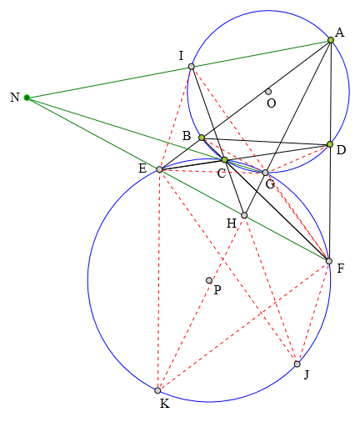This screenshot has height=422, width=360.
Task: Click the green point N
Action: (x=27, y=98)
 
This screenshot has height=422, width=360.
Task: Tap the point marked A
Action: (x=331, y=40)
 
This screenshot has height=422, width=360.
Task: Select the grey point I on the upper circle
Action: (x=192, y=67)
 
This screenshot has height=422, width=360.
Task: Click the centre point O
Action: (x=268, y=91)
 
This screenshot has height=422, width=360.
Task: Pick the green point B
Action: (x=202, y=138)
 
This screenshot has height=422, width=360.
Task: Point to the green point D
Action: (x=330, y=144)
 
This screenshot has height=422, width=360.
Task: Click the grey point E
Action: (x=159, y=169)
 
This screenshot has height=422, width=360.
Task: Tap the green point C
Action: (x=224, y=160)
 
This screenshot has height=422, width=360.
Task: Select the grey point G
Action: (x=265, y=173)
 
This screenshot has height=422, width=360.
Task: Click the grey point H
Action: (x=244, y=215)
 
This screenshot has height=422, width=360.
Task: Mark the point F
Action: (x=329, y=261)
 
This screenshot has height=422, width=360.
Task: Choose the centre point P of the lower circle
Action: (x=209, y=280)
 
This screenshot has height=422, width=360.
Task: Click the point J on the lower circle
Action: (x=297, y=364)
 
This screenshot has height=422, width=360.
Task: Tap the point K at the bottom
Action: (x=157, y=390)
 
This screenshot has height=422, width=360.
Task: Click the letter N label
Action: (x=15, y=98)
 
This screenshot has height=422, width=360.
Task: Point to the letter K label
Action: (x=165, y=404)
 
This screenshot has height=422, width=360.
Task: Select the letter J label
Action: (x=307, y=375)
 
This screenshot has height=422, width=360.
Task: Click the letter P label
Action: (x=217, y=290)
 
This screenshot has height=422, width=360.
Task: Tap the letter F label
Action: (x=341, y=269)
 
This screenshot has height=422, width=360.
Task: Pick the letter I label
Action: (x=181, y=56)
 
